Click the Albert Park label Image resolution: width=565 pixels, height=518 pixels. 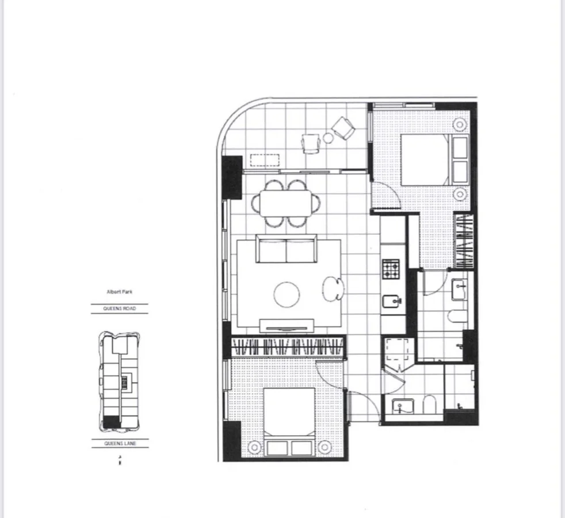pos(120,292)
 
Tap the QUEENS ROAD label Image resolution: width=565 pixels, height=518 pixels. pos(120,309)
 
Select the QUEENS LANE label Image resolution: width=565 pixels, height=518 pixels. pos(120,444)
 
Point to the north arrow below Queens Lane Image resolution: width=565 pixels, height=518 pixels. pos(120,460)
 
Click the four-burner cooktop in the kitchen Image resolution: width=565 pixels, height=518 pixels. pos(391,268)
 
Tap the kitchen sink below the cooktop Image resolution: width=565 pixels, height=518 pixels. pos(388,302)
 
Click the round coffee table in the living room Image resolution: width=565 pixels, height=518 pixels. pos(287,295)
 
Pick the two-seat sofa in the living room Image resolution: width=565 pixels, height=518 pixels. pos(286,249)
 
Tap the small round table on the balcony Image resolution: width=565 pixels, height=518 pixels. pos(329,138)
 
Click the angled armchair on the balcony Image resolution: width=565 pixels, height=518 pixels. pos(345,128)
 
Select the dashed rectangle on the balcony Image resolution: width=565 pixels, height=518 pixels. pos(265,159)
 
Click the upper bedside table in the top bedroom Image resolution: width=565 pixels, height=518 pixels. pos(460,124)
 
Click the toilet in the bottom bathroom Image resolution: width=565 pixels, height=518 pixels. pos(429,405)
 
